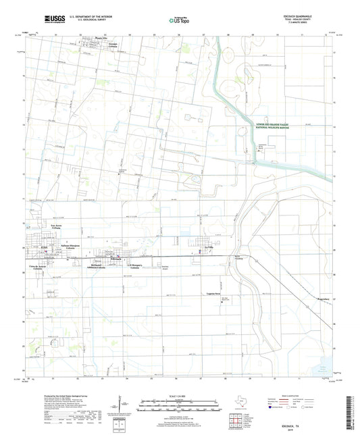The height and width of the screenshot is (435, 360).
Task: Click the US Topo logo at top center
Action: tap(178, 20)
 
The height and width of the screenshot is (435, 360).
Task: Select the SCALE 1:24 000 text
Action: tap(179, 396)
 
